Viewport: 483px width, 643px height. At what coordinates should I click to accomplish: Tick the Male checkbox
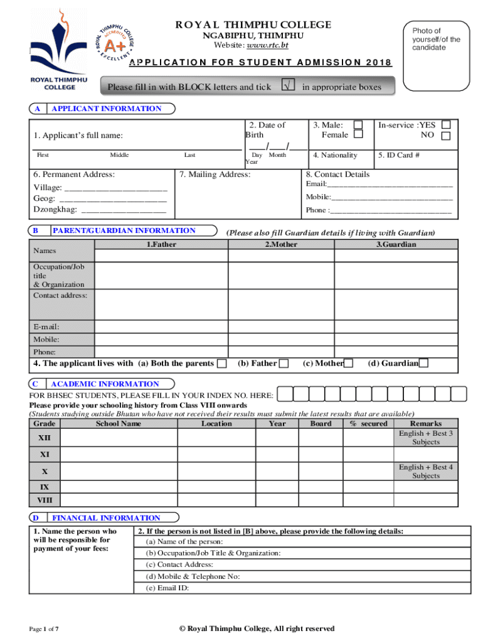tap(358, 125)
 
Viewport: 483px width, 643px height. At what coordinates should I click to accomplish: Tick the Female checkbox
tap(358, 135)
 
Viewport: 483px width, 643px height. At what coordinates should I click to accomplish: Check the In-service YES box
tap(446, 125)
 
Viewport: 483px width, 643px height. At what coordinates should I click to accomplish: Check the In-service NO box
tap(446, 136)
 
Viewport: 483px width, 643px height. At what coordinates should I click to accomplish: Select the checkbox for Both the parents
tap(221, 364)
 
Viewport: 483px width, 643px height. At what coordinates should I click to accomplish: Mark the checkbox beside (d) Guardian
tap(424, 364)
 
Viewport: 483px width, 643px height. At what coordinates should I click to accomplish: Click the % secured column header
tap(369, 423)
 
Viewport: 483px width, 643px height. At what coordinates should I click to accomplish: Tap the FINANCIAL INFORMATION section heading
tap(106, 518)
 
